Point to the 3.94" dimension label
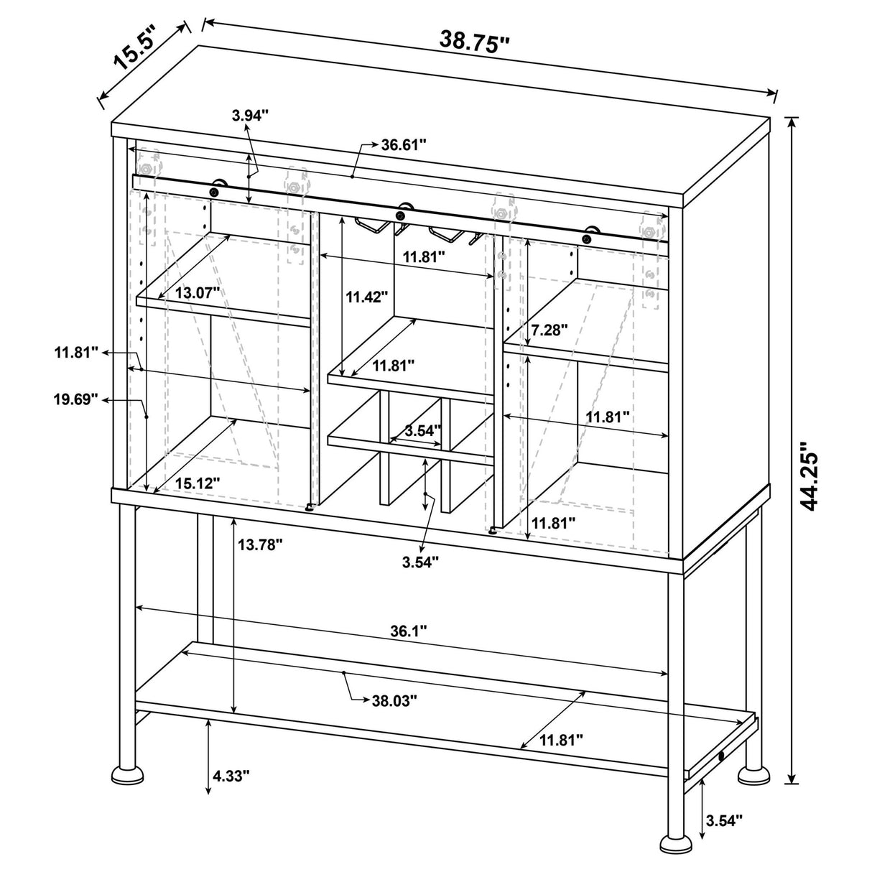[250, 114]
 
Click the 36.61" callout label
[404, 144]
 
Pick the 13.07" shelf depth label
[188, 292]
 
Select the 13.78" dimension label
[260, 545]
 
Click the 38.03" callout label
[394, 700]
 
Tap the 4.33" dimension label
[231, 776]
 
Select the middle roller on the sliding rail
[402, 213]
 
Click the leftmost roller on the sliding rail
[215, 190]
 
